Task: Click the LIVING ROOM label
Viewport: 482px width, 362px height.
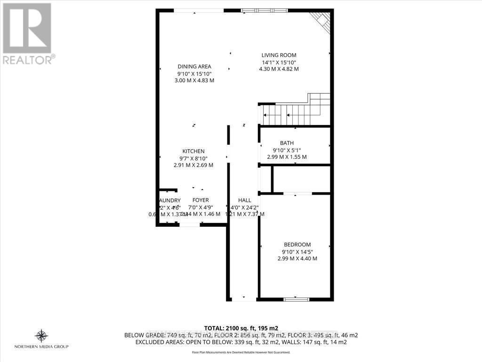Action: click(279, 55)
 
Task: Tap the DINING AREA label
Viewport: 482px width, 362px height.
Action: click(194, 66)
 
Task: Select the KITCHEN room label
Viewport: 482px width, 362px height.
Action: click(194, 151)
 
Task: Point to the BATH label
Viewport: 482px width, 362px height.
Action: click(287, 143)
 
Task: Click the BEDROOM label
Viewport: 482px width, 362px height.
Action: click(297, 244)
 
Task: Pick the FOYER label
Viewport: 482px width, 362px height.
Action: click(201, 200)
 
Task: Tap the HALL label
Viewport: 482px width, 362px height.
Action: click(245, 200)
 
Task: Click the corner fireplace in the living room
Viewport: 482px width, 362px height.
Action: click(322, 20)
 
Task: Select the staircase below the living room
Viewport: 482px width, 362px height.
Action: click(294, 113)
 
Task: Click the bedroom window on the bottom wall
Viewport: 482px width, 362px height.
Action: click(297, 299)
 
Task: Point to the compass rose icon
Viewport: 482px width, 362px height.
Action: click(41, 336)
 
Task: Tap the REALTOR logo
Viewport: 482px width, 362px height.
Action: click(27, 33)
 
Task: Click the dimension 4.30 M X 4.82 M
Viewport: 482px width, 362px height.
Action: click(279, 69)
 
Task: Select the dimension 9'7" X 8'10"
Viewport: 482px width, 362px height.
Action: click(194, 158)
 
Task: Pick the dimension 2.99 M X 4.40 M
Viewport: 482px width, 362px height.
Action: click(297, 258)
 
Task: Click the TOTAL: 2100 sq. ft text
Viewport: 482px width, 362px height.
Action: click(241, 328)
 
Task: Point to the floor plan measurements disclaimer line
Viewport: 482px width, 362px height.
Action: click(241, 352)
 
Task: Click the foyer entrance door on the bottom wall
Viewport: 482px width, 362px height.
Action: click(190, 225)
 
